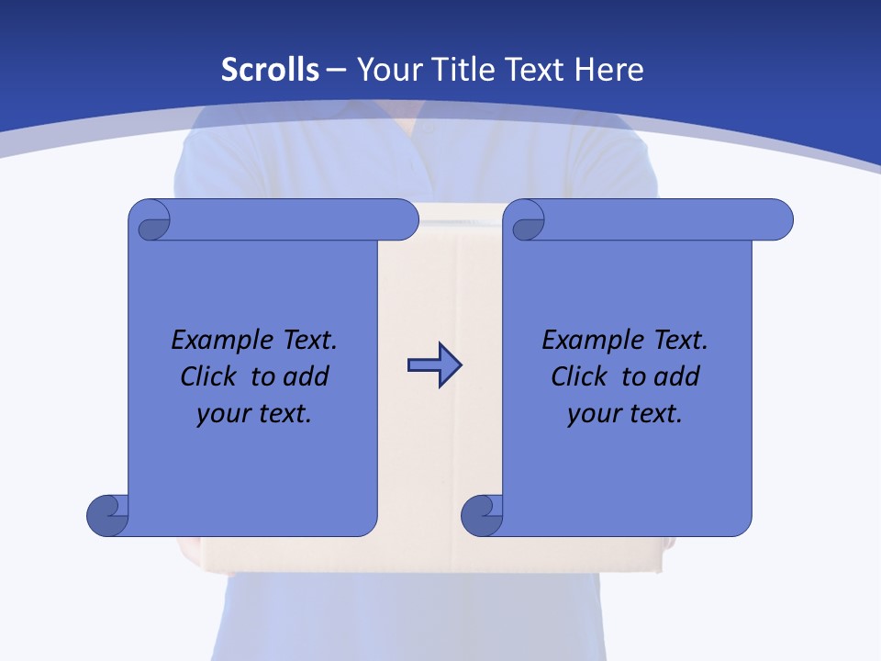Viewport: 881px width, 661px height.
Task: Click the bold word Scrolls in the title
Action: [270, 70]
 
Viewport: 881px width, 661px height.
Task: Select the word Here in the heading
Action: [608, 70]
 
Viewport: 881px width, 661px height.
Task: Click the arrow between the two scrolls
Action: [434, 365]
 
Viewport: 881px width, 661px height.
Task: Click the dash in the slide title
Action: [337, 70]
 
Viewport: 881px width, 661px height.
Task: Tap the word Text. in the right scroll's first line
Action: [680, 341]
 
